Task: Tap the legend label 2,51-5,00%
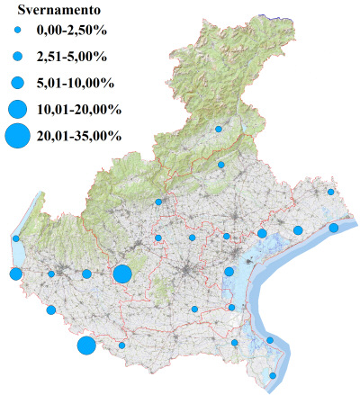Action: [x=71, y=58]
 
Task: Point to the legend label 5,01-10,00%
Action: [x=75, y=82]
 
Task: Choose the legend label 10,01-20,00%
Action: [x=78, y=109]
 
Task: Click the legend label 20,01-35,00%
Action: [x=78, y=136]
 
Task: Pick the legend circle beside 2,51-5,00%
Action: [x=17, y=58]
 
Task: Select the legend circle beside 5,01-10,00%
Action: [x=17, y=82]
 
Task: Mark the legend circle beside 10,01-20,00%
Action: [x=17, y=109]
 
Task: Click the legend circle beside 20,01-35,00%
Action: [x=17, y=136]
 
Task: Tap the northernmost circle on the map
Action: [x=218, y=129]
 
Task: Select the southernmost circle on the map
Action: [x=274, y=376]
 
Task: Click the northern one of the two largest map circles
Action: [x=122, y=274]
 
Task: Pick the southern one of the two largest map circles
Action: [x=86, y=346]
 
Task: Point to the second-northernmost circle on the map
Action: [x=221, y=165]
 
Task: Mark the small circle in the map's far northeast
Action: [x=331, y=192]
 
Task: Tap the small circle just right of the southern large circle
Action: [x=122, y=346]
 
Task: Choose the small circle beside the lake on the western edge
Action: [x=16, y=238]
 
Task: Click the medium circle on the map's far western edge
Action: [x=15, y=274]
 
